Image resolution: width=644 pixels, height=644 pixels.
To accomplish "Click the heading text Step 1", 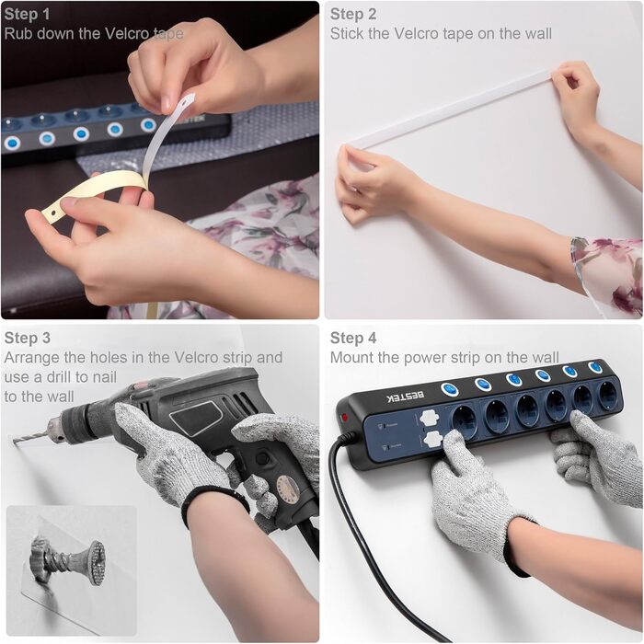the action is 27,14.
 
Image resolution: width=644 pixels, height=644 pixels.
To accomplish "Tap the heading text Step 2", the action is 353,14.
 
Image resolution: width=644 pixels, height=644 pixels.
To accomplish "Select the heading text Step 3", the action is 28,338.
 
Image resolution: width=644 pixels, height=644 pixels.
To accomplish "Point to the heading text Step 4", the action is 353,338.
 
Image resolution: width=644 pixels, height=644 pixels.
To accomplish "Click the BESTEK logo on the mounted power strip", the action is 406,397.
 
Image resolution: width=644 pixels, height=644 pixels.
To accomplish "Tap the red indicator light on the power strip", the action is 344,418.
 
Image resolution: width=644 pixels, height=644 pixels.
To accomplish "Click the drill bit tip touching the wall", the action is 15,441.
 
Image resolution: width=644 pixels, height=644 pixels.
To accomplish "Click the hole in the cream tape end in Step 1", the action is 53,213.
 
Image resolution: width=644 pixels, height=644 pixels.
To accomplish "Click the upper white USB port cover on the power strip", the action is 430,418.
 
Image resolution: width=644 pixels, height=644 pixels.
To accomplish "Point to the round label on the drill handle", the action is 287,488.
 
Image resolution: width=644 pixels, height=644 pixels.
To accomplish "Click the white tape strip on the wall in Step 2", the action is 448,109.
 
